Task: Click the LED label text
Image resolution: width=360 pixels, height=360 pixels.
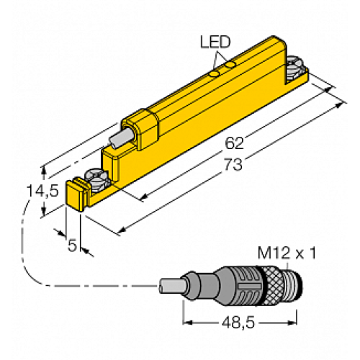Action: [x=213, y=42]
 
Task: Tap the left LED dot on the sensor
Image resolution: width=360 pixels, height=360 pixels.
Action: [x=214, y=73]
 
